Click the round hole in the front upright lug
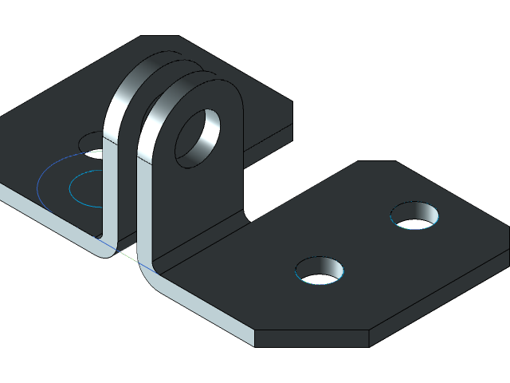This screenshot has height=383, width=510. click(x=197, y=137)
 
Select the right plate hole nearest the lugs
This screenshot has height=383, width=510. click(x=320, y=271)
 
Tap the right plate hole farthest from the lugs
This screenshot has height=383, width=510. click(x=414, y=215)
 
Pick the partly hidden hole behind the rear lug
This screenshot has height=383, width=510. click(x=94, y=142)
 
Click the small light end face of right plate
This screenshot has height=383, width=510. click(x=244, y=336)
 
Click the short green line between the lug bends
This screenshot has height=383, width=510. click(x=127, y=257)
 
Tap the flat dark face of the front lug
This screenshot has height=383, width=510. click(x=199, y=199)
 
